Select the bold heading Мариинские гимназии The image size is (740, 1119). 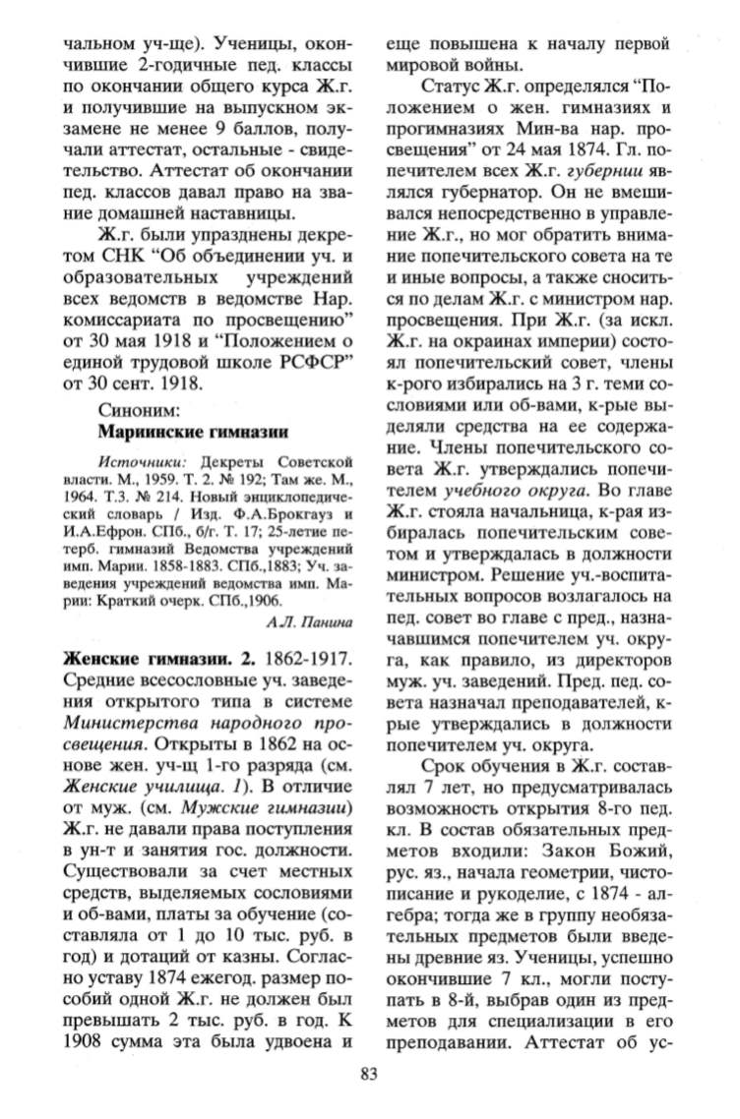click(193, 430)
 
